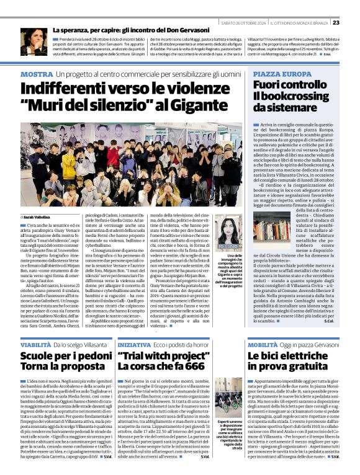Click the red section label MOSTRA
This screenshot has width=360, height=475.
36,74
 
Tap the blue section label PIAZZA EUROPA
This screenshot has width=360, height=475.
279,74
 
